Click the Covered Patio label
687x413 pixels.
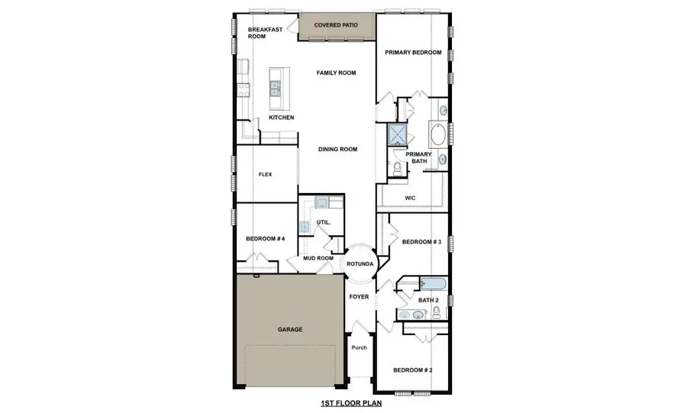click(337, 25)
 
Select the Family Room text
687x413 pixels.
click(337, 73)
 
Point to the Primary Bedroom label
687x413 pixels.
click(413, 53)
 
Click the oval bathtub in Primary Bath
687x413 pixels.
click(439, 137)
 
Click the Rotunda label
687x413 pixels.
click(360, 264)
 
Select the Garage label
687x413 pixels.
click(289, 330)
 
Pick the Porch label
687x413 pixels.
click(359, 348)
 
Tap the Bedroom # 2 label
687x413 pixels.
click(412, 371)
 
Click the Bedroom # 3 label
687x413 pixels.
click(422, 242)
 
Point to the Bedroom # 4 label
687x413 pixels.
click(265, 239)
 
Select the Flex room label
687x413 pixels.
click(266, 175)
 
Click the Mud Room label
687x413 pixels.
click(318, 258)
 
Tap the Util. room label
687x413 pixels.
click(323, 223)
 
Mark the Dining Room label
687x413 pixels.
click(337, 150)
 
